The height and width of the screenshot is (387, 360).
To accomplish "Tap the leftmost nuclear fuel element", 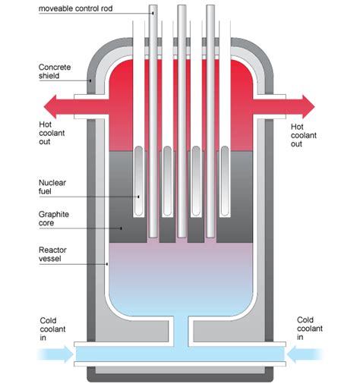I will click(138, 178).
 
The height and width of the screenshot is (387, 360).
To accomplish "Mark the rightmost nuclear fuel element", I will click(223, 178).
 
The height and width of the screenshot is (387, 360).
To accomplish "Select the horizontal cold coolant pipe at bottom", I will click(181, 353).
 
